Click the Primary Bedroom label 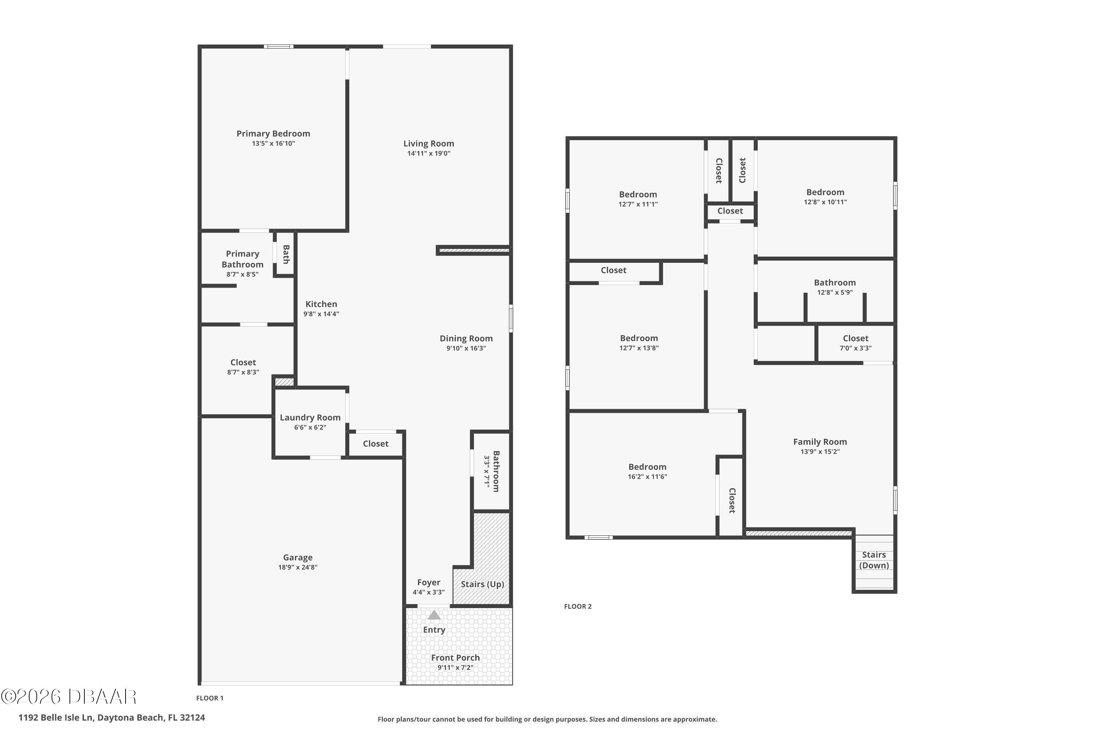click(273, 134)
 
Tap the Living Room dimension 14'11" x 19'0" click(429, 154)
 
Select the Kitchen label click(321, 304)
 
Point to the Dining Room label click(466, 338)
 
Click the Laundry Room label click(310, 418)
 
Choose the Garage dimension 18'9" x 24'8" click(298, 567)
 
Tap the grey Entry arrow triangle click(434, 615)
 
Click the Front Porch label click(455, 657)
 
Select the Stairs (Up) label click(482, 584)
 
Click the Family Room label click(820, 442)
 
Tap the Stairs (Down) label click(874, 560)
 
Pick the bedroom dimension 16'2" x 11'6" click(648, 477)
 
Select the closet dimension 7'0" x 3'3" click(856, 348)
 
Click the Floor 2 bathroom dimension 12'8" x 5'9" click(835, 292)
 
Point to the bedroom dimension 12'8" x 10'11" click(825, 202)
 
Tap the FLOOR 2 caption click(578, 606)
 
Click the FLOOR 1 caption click(210, 698)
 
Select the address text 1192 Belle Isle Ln click(56, 718)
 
